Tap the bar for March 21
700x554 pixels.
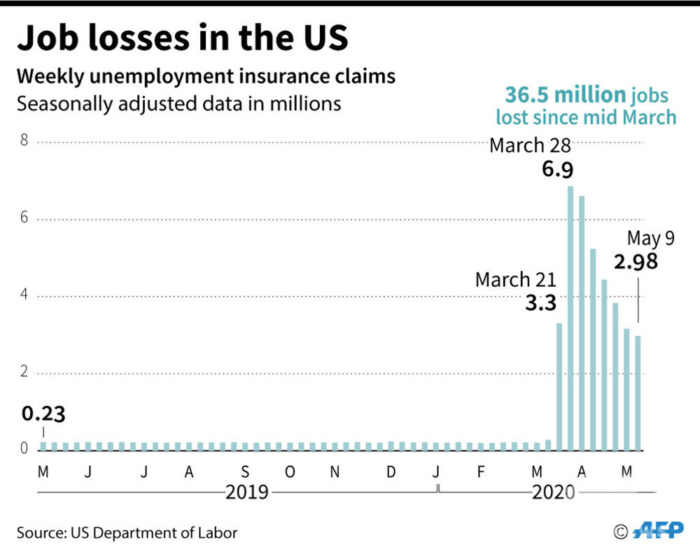[559, 385]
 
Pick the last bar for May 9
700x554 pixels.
[638, 392]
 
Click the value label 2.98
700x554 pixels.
[636, 263]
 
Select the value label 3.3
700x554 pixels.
[540, 304]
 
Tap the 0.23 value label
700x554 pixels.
[43, 414]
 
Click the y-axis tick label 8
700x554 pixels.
[23, 142]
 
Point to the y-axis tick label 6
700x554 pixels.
[23, 219]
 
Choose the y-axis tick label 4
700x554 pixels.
[23, 295]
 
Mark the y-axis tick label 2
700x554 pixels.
[23, 372]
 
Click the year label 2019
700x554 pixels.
[246, 492]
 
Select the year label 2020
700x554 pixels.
[553, 492]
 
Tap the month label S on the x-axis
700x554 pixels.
[244, 472]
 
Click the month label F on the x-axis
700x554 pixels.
[480, 472]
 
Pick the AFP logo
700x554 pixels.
[658, 532]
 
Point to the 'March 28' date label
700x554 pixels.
[530, 145]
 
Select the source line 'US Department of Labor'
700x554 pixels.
[154, 532]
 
